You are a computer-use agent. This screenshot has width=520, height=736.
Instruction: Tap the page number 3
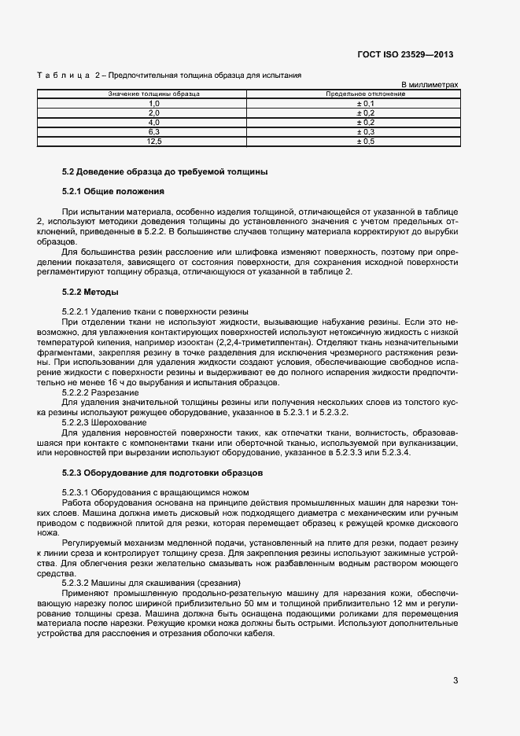455,680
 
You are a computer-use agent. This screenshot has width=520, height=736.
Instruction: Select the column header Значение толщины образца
153,94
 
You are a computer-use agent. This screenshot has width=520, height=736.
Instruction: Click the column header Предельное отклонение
366,94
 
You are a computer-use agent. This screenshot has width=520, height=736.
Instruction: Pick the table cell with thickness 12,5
154,142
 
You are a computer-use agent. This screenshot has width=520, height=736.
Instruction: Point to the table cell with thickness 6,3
154,132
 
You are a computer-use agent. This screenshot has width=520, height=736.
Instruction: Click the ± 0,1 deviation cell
366,104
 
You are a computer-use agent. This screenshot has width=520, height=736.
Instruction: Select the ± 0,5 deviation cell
366,142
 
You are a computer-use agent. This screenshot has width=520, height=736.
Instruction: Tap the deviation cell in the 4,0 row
366,123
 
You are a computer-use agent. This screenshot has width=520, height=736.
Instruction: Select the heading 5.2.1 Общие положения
112,191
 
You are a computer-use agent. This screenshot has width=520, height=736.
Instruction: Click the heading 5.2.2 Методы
90,292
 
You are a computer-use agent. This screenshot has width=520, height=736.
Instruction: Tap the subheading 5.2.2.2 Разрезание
101,392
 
